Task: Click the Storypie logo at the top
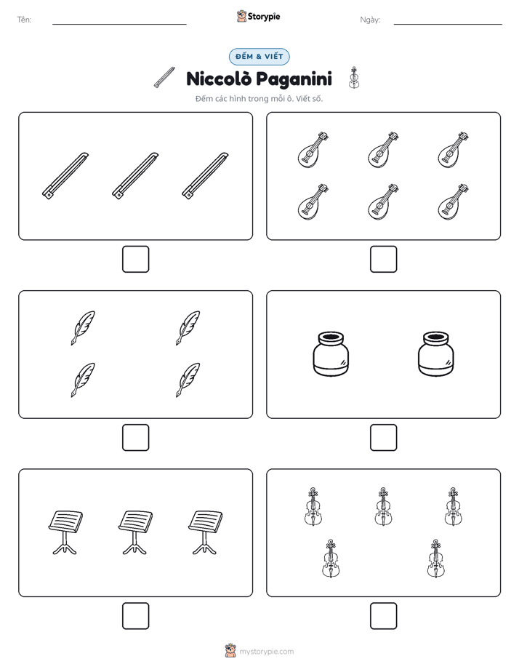click(x=258, y=16)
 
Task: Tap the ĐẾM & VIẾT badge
click(x=259, y=57)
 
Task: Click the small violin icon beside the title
click(x=354, y=78)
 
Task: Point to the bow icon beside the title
click(x=164, y=78)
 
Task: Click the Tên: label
click(x=24, y=20)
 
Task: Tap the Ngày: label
click(x=370, y=20)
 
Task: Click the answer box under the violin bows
click(x=135, y=260)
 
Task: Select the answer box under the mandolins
click(x=383, y=260)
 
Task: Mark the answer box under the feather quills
click(x=135, y=438)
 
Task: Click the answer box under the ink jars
click(x=383, y=438)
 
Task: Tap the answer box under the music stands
click(x=135, y=616)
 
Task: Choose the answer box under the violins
click(x=383, y=616)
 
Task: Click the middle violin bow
click(x=135, y=176)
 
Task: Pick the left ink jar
click(x=331, y=354)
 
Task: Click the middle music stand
click(x=135, y=532)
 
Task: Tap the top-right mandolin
click(x=453, y=150)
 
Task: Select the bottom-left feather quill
click(x=83, y=380)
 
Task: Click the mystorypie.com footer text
click(x=266, y=652)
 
